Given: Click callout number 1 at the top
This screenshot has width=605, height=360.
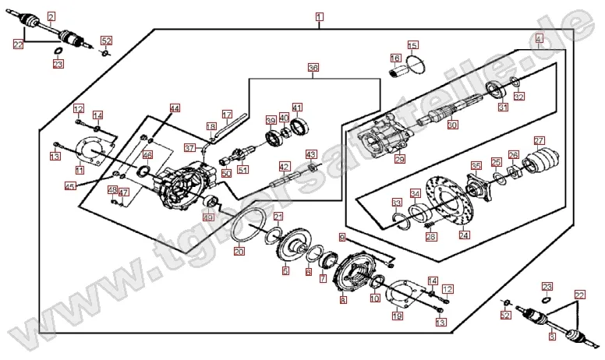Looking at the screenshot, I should (x=319, y=16).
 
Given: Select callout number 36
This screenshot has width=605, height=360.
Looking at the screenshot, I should (x=313, y=68).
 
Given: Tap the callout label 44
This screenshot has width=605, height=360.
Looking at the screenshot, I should (x=175, y=108).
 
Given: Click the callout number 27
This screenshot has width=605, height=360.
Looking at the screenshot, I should (x=539, y=141).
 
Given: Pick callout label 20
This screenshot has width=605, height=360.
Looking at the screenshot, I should (x=239, y=251).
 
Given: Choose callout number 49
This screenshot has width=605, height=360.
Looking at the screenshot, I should (x=207, y=217).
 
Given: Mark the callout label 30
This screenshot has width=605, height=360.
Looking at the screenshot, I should (x=453, y=124).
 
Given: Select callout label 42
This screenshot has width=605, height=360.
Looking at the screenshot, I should (x=285, y=166).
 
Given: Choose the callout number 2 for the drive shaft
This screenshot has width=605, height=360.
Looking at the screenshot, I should (x=51, y=16).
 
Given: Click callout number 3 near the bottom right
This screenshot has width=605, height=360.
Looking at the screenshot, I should (x=551, y=337).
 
